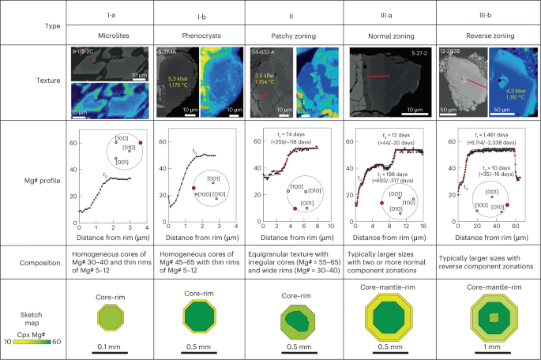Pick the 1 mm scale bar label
(486, 352)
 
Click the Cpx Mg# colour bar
(31, 338)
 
